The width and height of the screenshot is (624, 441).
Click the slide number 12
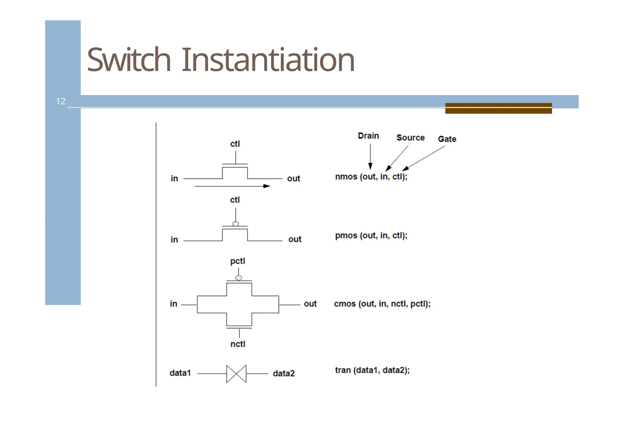point(61,101)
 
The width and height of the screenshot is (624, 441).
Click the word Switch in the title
point(129,60)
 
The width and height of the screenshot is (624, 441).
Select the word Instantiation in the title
point(268,60)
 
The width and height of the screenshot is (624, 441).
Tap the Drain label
point(368,136)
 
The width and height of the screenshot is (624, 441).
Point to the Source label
point(410,138)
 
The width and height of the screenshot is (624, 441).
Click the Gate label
point(447,139)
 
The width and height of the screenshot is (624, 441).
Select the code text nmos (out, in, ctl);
point(371,177)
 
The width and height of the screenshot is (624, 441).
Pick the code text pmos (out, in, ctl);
point(371,236)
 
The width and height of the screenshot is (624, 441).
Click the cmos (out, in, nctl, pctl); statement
point(382,304)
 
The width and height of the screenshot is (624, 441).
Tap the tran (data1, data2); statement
point(372,370)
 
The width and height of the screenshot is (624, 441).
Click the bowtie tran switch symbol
point(236,374)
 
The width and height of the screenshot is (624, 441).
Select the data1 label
point(180,373)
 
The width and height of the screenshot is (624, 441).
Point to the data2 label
point(283,374)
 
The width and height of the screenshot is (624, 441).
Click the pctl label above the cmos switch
point(237,261)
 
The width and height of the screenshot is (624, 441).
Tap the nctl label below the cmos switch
point(238,344)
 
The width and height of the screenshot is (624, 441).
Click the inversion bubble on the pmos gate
point(236,224)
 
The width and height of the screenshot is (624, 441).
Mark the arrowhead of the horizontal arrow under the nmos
point(267,186)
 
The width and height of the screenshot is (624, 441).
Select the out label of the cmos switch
point(310,304)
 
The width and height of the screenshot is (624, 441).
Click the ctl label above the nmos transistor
point(235,144)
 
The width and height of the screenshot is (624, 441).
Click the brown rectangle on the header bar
point(498,108)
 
